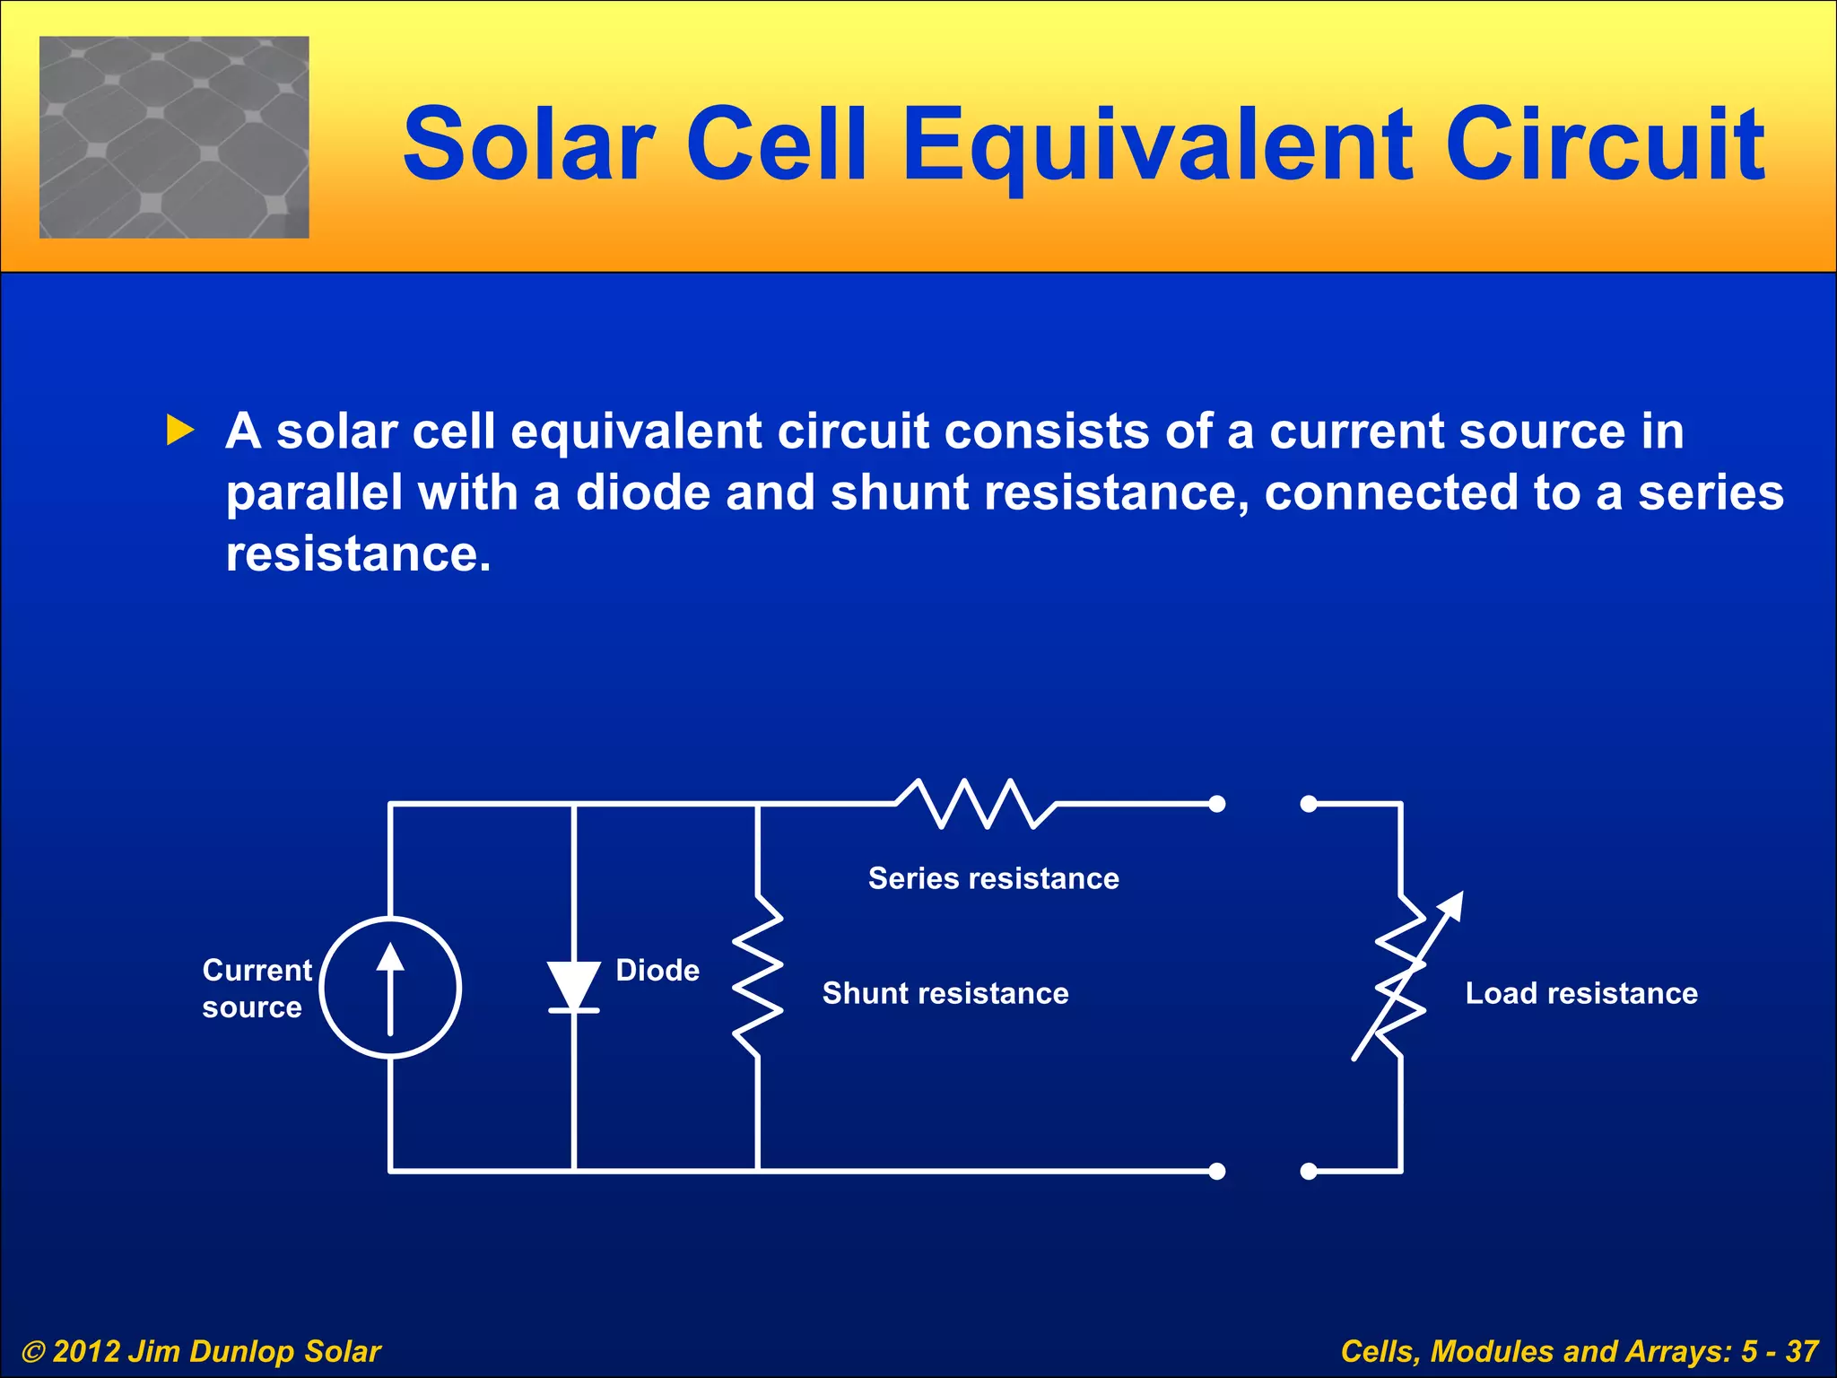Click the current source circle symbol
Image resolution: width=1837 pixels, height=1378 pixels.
[x=391, y=987]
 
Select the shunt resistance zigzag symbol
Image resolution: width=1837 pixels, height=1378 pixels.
[x=758, y=976]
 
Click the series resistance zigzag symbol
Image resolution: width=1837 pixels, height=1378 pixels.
[x=976, y=804]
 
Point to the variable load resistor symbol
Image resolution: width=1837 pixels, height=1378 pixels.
[x=1403, y=978]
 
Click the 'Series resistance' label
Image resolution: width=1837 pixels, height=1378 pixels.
[x=993, y=878]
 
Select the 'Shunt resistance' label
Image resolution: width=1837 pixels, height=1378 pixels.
[x=945, y=993]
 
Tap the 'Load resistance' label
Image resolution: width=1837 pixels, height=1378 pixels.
[x=1581, y=993]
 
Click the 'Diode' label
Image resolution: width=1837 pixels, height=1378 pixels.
[x=657, y=970]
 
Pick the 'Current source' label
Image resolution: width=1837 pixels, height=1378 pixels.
[x=256, y=988]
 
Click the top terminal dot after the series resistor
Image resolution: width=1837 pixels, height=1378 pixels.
[x=1217, y=804]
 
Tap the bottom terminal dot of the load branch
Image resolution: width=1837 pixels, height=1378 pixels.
[x=1309, y=1171]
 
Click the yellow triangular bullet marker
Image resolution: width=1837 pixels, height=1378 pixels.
[x=180, y=431]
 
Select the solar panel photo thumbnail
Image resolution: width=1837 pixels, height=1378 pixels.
[x=174, y=137]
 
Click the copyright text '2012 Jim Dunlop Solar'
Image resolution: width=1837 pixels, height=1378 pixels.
[x=215, y=1351]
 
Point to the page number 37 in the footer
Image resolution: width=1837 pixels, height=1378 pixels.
[x=1801, y=1351]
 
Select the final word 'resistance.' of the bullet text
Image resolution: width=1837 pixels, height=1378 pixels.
[x=359, y=554]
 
